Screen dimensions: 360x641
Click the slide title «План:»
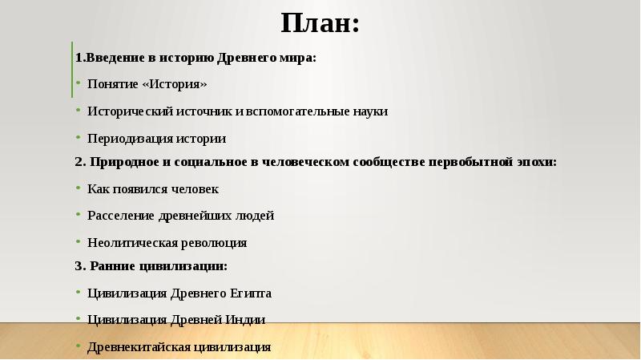320,23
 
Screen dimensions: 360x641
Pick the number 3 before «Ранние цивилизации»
79,266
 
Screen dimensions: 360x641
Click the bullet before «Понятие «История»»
79,84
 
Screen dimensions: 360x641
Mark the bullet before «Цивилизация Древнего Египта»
79,293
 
